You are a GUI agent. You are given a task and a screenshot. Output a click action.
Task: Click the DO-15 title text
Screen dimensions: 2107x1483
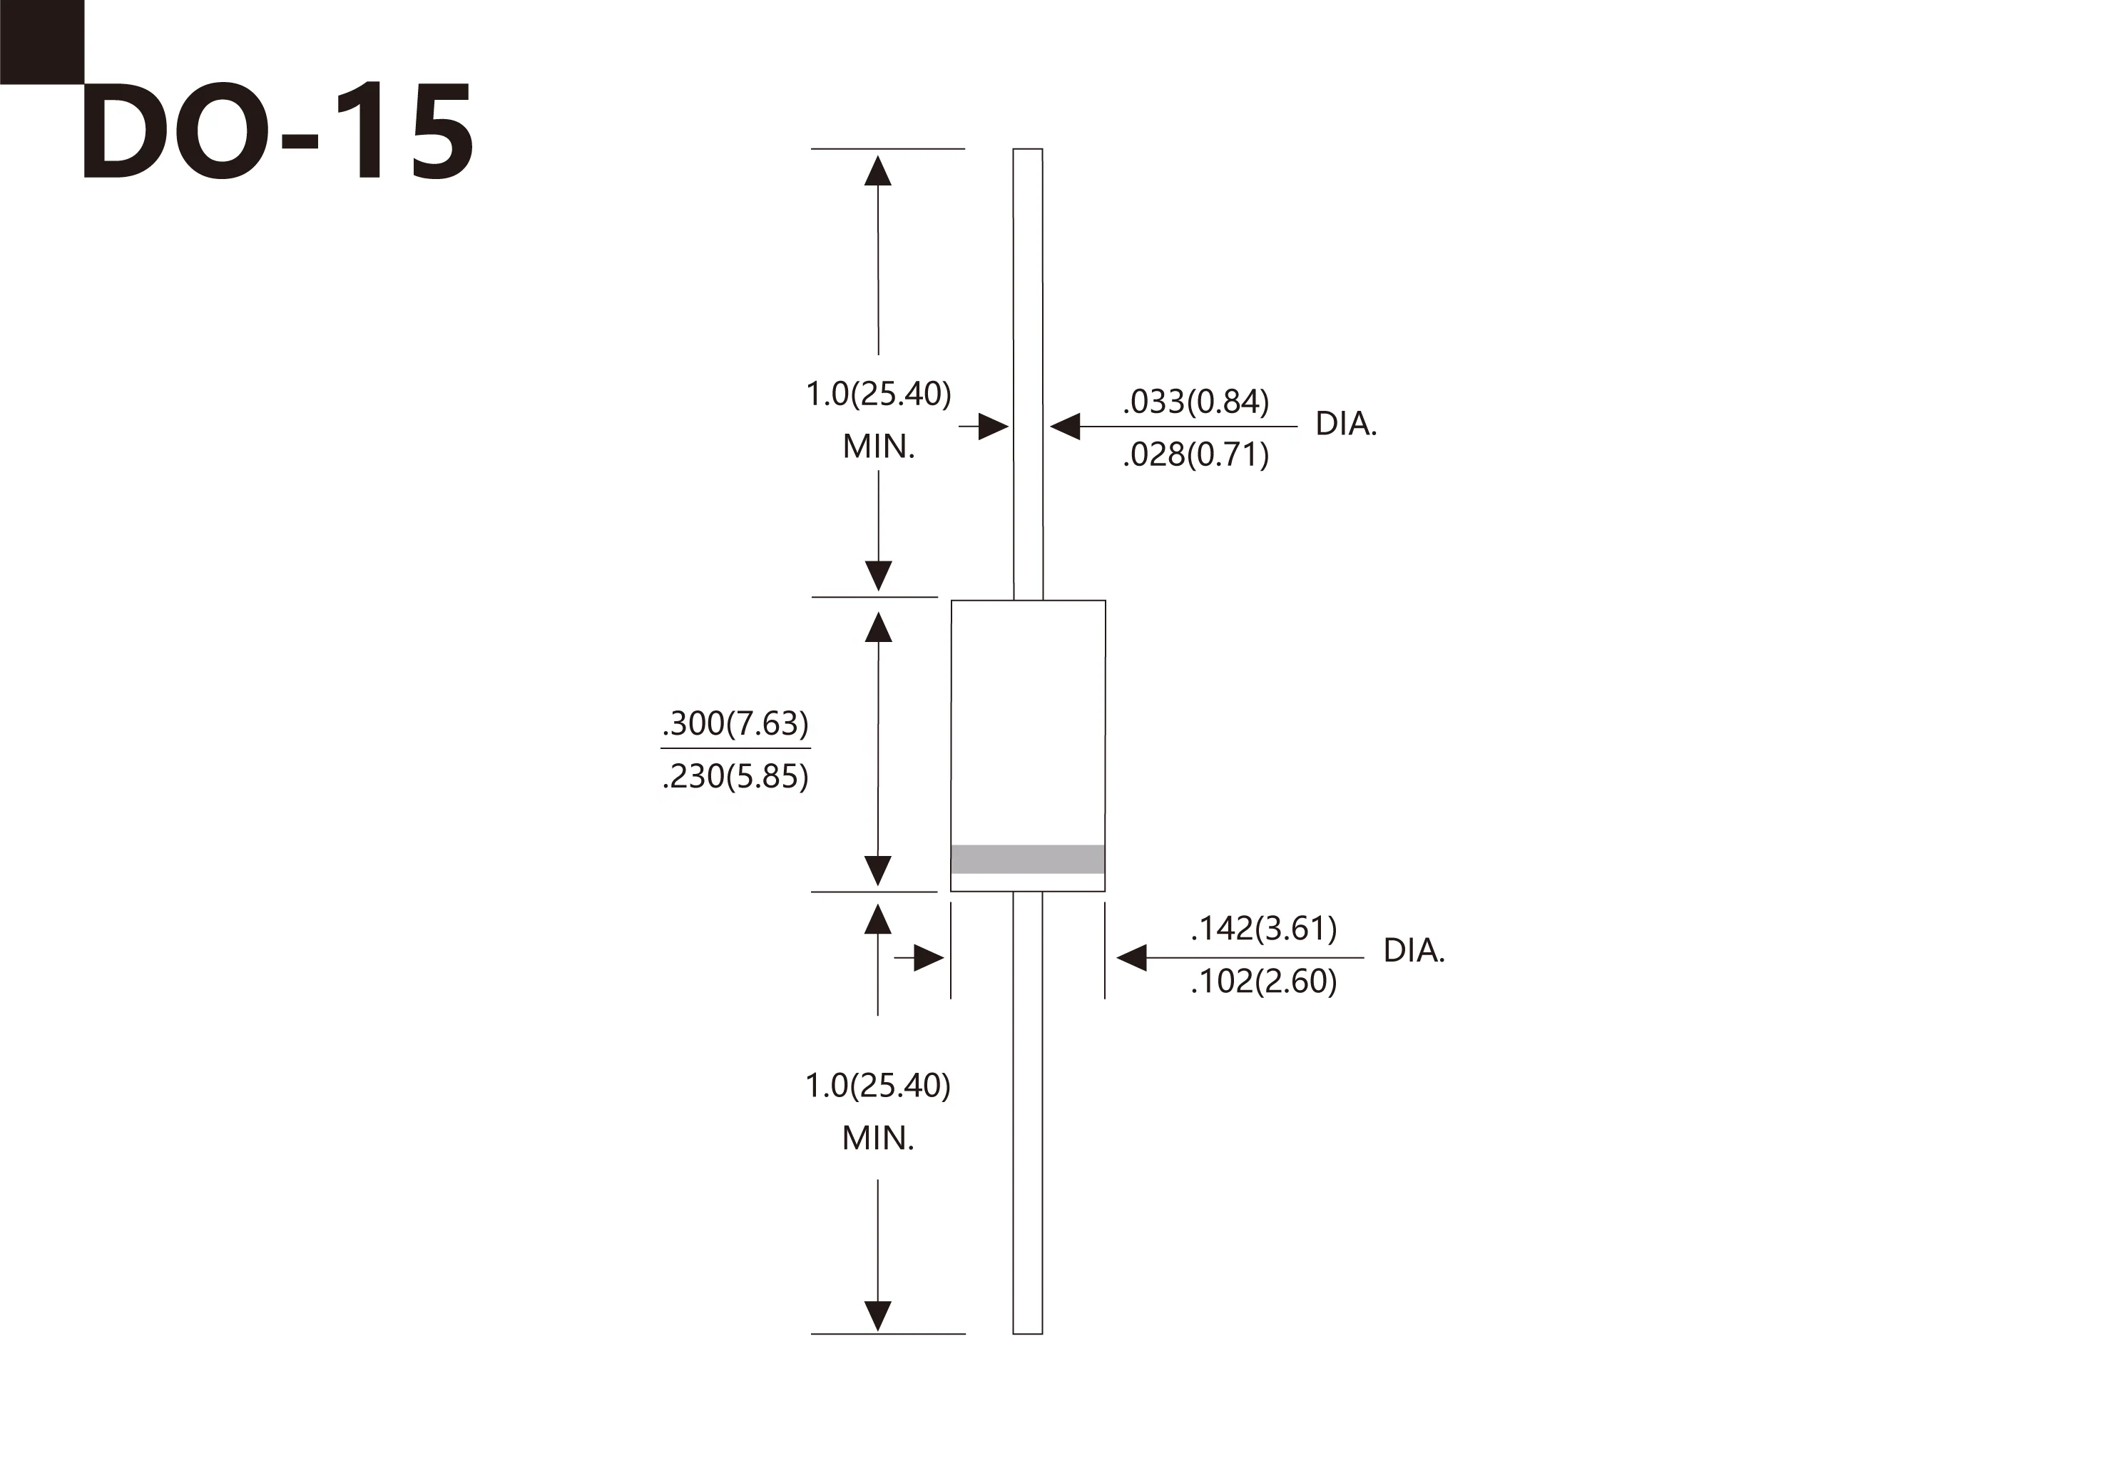click(278, 131)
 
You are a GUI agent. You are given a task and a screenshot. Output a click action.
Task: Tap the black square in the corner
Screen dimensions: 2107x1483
click(42, 42)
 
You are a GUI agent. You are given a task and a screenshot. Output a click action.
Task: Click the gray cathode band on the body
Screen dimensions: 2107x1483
click(1028, 859)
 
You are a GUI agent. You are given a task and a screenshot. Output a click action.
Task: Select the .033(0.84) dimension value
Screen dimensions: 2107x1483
click(1195, 402)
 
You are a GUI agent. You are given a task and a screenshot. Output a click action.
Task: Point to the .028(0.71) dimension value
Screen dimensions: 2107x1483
click(1195, 455)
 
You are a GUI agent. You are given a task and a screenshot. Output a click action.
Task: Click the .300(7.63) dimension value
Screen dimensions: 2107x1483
click(735, 724)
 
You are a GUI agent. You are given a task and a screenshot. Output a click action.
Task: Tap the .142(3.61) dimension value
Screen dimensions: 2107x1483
click(1264, 929)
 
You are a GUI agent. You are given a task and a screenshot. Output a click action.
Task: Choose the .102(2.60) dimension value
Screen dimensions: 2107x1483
click(1264, 982)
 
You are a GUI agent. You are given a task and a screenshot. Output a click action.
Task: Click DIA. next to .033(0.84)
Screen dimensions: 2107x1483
click(1346, 424)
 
